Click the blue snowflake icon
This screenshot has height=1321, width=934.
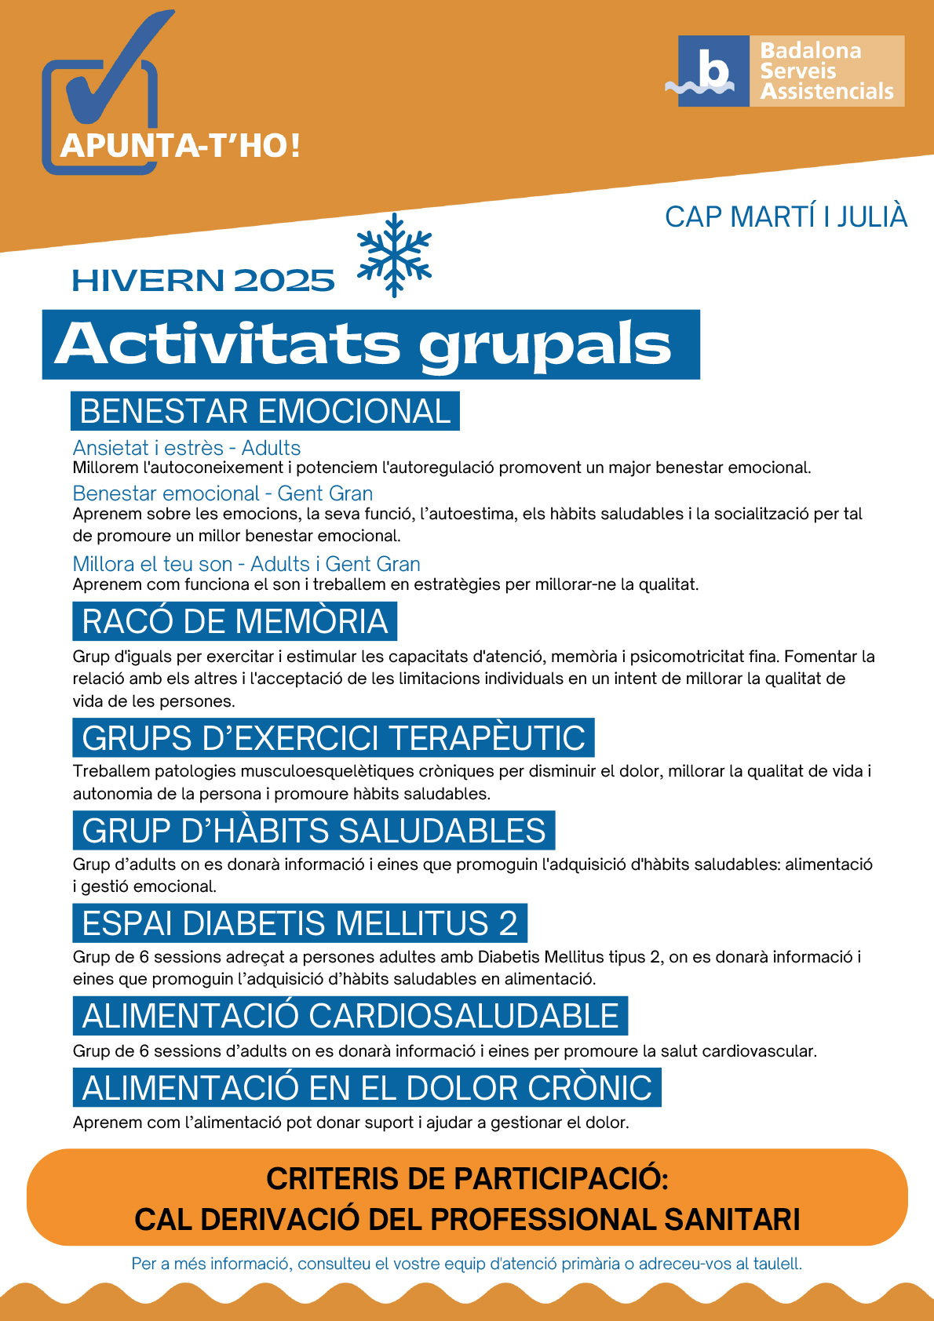tap(394, 255)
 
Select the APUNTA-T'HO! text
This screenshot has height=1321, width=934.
tap(181, 146)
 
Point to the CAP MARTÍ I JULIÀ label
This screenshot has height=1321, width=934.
tap(786, 217)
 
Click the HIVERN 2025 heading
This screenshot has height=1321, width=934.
tap(203, 281)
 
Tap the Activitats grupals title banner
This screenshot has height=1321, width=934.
tap(370, 344)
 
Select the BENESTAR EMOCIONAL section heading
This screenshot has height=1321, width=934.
tap(265, 411)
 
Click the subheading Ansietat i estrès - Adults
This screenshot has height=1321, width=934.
tap(187, 448)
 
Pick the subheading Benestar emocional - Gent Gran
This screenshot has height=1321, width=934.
tap(223, 493)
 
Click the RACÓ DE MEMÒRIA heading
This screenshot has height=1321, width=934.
tap(235, 621)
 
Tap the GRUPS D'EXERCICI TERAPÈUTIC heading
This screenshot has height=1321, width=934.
tap(334, 737)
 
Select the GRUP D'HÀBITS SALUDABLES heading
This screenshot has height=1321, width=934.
tap(314, 830)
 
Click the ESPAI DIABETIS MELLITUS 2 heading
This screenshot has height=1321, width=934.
tap(300, 923)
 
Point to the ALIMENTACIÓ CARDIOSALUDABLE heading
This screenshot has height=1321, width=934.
tap(350, 1016)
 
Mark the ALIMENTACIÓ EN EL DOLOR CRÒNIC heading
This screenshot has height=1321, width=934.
tap(367, 1087)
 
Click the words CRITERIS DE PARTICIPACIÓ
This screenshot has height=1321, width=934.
tap(467, 1178)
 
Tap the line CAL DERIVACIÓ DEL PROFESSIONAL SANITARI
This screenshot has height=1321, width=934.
tap(467, 1219)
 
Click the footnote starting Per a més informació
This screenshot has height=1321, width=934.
tap(467, 1264)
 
